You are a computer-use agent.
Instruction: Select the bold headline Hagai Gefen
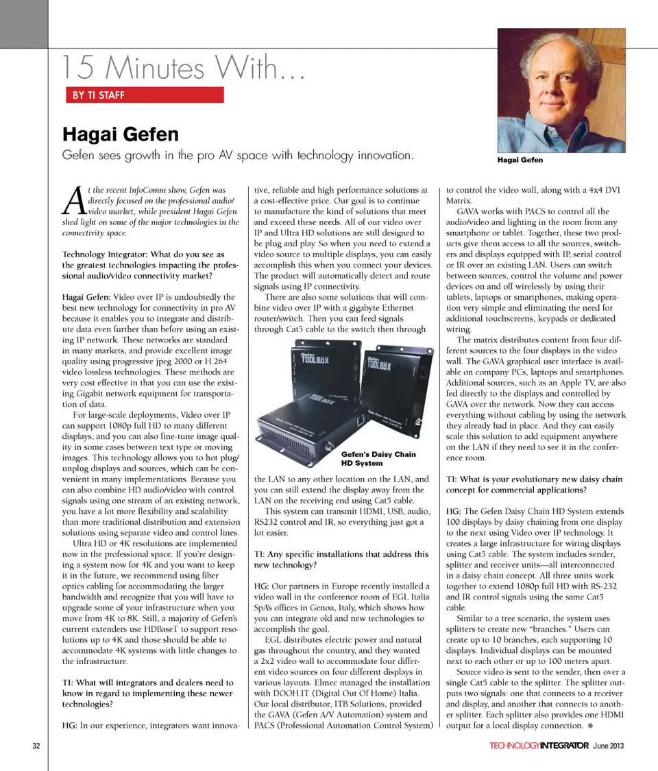click(x=121, y=134)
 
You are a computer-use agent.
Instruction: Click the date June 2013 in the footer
click(x=609, y=746)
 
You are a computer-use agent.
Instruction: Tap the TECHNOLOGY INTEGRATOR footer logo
click(x=539, y=746)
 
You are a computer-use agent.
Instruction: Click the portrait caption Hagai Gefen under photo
click(x=520, y=160)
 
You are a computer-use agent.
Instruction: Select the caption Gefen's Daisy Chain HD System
click(x=378, y=459)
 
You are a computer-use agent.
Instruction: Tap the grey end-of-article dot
click(x=590, y=726)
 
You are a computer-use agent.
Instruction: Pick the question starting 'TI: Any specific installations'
click(x=341, y=559)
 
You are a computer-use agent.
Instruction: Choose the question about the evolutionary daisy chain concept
click(x=534, y=485)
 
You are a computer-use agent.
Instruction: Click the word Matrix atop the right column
click(x=459, y=201)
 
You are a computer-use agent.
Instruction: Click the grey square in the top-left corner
click(x=23, y=21)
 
